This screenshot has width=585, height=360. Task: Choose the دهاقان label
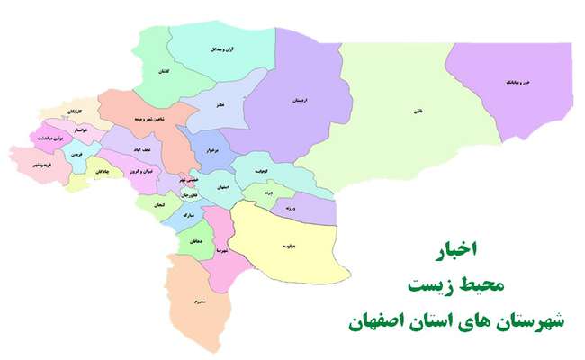(x=196, y=240)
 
